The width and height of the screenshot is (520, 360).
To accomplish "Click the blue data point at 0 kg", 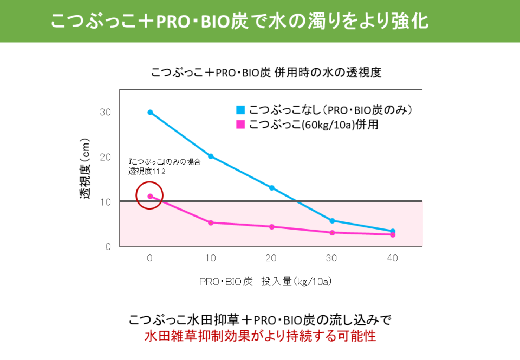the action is click(150, 113).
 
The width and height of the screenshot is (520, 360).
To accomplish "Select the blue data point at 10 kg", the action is click(211, 156).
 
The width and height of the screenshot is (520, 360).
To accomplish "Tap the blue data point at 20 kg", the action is click(271, 188).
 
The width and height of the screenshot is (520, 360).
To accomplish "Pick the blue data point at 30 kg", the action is click(332, 221).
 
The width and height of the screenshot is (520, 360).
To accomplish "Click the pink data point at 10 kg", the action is click(211, 222).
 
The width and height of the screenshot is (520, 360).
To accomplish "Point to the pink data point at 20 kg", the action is click(271, 227).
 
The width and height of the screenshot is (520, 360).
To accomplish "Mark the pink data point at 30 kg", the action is click(332, 233).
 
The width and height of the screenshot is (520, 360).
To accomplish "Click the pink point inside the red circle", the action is click(150, 197).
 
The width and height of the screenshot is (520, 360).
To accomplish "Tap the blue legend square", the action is click(240, 110).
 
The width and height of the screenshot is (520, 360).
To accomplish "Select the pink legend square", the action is click(240, 125).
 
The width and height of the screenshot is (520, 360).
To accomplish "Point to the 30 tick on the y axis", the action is click(106, 113).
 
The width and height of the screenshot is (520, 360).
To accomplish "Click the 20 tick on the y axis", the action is click(106, 157).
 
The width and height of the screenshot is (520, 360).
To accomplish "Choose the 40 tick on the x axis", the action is click(392, 258).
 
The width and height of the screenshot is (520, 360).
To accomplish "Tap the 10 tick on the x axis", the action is click(211, 258).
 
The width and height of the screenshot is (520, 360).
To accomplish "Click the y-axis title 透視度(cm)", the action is click(85, 168).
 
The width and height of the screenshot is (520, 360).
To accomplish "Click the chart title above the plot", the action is click(266, 72).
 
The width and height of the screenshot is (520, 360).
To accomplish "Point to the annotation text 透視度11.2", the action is click(147, 172).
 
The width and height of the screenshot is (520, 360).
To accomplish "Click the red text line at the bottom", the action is click(261, 336).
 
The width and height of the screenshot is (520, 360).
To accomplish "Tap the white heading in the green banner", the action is click(240, 21).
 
